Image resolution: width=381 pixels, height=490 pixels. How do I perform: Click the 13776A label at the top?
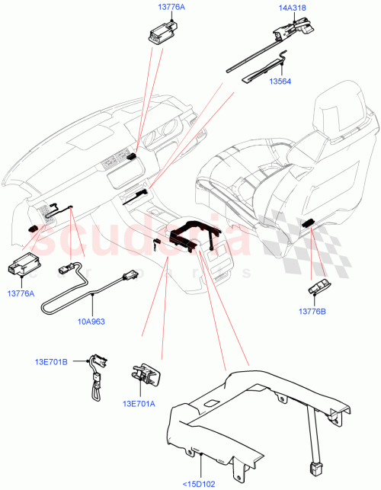pos(162,7)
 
